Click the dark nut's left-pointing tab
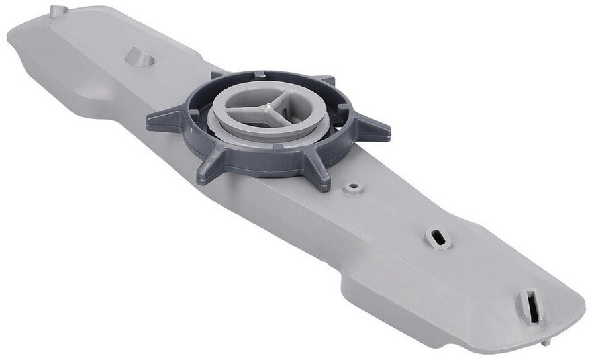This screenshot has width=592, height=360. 163,120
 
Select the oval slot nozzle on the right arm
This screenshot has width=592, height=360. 438,238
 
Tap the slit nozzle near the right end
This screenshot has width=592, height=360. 530,305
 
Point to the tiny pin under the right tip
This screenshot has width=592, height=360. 545,342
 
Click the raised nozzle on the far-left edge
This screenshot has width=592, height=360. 58,10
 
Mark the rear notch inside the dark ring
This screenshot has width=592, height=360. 260,74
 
